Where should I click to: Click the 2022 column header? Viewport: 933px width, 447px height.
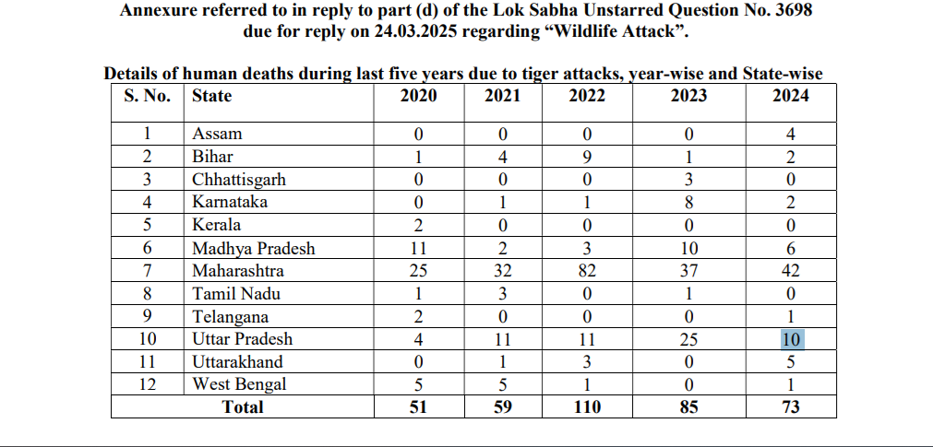click(587, 96)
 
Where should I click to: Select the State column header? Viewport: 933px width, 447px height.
click(211, 96)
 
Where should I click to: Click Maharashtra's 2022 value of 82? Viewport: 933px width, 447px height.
click(587, 271)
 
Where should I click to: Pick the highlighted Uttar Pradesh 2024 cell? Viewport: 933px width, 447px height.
click(790, 339)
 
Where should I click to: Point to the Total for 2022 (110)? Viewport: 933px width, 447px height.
click(587, 407)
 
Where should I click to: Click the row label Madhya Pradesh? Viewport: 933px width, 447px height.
click(253, 248)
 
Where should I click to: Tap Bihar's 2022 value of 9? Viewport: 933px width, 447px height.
click(587, 157)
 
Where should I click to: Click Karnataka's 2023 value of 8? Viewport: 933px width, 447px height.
click(688, 203)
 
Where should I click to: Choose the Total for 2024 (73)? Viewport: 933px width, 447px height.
click(790, 407)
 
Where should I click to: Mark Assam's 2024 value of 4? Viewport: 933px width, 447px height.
click(790, 135)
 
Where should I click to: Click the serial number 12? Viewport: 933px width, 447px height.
click(147, 384)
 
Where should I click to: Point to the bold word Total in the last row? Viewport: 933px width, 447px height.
click(243, 407)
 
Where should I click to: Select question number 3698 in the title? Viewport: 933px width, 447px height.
click(767, 10)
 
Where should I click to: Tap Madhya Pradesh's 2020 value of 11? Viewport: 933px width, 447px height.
click(418, 248)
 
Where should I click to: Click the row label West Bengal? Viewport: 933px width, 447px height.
click(239, 384)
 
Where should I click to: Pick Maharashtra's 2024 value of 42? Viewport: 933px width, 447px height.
click(790, 271)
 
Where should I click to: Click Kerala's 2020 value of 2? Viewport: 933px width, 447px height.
click(418, 225)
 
